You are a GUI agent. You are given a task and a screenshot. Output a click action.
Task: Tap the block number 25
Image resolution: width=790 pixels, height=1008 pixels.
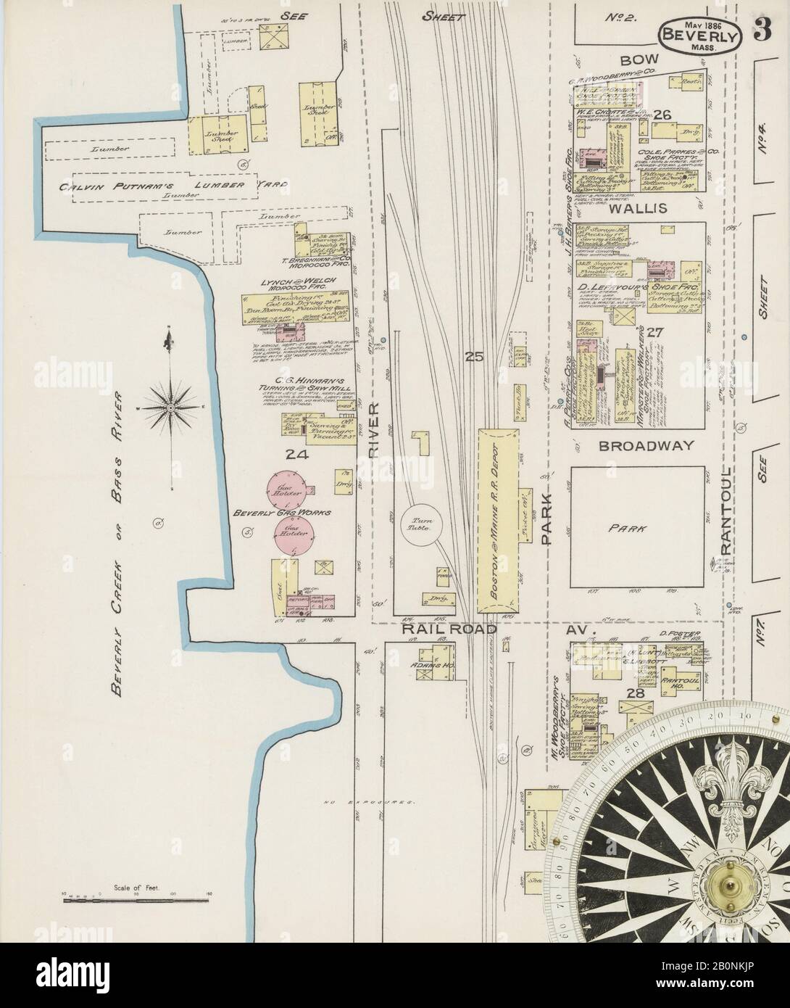click(474, 356)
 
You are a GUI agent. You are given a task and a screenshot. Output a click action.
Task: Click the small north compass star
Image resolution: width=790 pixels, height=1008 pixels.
click(170, 408)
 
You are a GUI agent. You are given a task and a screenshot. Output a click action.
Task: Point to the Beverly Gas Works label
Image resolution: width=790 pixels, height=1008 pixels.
click(281, 513)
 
